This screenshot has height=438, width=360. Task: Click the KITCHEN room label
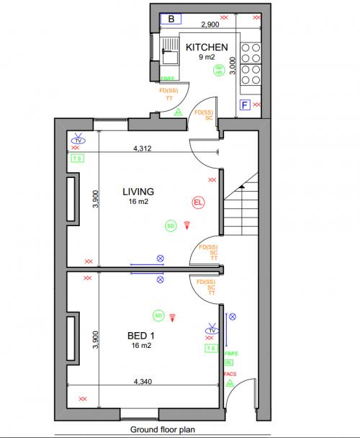pyautogui.click(x=207, y=48)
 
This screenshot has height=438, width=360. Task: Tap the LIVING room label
pyautogui.click(x=138, y=192)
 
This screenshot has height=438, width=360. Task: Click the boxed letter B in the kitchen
pyautogui.click(x=171, y=19)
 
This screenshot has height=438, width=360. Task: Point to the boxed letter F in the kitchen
pyautogui.click(x=245, y=106)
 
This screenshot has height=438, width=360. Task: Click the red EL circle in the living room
pyautogui.click(x=198, y=202)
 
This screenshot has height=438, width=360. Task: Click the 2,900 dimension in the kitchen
pyautogui.click(x=210, y=24)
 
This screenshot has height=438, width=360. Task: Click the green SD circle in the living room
pyautogui.click(x=171, y=225)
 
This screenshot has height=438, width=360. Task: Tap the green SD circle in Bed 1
pyautogui.click(x=158, y=316)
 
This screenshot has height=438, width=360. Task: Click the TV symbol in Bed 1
pyautogui.click(x=211, y=330)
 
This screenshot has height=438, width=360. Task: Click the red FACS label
pyautogui.click(x=230, y=375)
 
